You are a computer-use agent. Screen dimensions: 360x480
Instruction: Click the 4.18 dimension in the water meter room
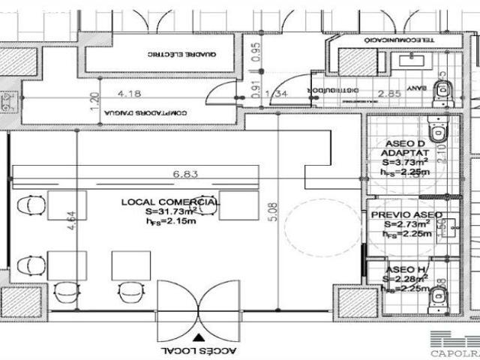131,94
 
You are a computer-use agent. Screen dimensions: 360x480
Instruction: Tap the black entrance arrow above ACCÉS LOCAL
197,337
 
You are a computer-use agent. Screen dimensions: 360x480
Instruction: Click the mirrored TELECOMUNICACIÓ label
395,40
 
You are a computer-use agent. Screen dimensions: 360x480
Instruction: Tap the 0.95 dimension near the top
256,51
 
